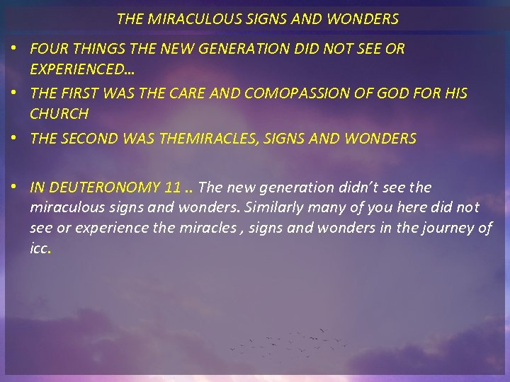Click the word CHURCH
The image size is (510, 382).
59,113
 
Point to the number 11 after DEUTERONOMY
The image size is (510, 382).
171,187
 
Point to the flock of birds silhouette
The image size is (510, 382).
290,343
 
